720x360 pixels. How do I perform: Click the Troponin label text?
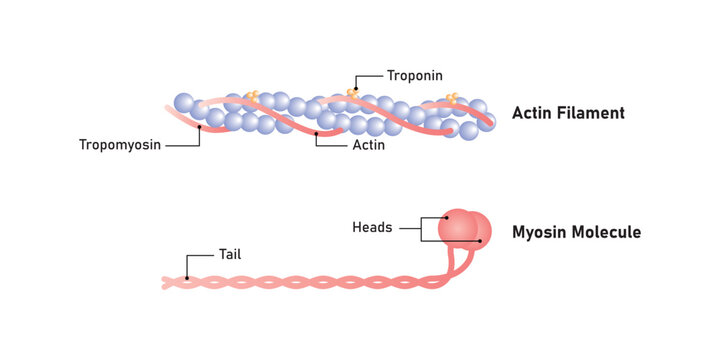coord(415,75)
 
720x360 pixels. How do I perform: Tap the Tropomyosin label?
coord(120,145)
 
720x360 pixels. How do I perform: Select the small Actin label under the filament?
coord(369,145)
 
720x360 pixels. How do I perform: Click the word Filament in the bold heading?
coord(590,113)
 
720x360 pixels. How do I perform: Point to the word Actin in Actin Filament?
coord(532,113)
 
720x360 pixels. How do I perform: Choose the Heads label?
coord(372,227)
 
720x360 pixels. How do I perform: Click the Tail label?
coord(230,255)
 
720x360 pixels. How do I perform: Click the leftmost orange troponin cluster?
coord(252,96)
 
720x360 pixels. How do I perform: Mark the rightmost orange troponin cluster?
coord(453,97)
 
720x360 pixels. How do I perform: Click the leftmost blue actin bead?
coord(183,102)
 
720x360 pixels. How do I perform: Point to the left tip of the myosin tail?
coord(165,283)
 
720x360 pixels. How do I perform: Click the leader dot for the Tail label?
coord(187,278)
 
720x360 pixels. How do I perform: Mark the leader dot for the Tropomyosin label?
coord(200,127)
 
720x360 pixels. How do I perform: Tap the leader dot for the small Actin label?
coord(316,131)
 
